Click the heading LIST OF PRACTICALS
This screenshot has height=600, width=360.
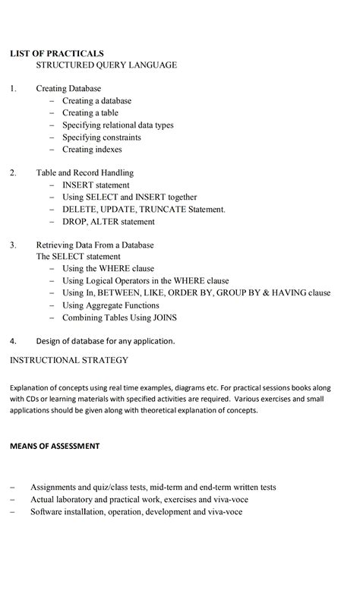tap(56, 53)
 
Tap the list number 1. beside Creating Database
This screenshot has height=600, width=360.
tap(13, 89)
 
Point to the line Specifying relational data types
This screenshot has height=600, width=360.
tap(123, 125)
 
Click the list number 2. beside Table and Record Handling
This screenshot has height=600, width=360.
tap(13, 173)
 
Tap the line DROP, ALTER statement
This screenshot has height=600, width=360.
tap(108, 222)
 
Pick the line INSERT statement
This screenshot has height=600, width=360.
tap(96, 185)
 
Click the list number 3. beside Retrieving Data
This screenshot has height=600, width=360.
tap(13, 245)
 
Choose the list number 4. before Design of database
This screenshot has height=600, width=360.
tap(13, 341)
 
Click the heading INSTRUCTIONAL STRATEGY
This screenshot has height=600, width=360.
tap(68, 359)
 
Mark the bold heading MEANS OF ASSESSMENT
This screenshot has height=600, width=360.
tap(54, 446)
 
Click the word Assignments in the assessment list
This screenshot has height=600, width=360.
tap(58, 487)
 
